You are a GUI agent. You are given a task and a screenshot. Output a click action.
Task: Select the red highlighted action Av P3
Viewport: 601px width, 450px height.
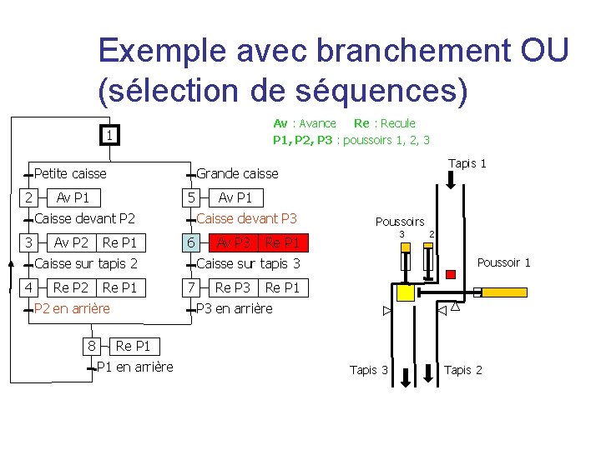234,242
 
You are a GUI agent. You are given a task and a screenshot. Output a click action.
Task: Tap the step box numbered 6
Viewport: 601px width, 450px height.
192,242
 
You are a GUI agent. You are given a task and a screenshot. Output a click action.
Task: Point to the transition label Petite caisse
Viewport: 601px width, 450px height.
70,173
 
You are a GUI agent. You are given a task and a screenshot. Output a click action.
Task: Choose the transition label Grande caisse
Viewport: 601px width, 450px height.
237,173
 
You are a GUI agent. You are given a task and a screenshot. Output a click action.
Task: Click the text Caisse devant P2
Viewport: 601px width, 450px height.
85,218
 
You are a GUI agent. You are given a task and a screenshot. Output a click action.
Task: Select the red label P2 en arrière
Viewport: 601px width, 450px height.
71,308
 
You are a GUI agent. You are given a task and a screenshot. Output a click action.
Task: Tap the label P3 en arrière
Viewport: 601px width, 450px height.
234,308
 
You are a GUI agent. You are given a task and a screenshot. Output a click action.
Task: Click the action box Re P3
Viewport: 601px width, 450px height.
233,287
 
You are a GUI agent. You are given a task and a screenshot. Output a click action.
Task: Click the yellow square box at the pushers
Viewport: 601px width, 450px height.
406,292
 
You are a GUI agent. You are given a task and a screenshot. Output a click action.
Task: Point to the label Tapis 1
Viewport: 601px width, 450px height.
467,163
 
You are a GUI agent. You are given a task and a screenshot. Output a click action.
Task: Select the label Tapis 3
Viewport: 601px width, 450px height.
368,370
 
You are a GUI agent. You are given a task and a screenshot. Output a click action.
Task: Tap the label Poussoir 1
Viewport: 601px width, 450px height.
503,262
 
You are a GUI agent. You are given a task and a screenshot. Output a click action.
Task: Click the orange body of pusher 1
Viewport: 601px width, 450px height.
511,292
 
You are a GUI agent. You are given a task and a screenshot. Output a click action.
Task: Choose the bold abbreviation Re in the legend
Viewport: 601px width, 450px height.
361,123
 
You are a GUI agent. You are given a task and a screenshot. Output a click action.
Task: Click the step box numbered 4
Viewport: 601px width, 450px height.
29,287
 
